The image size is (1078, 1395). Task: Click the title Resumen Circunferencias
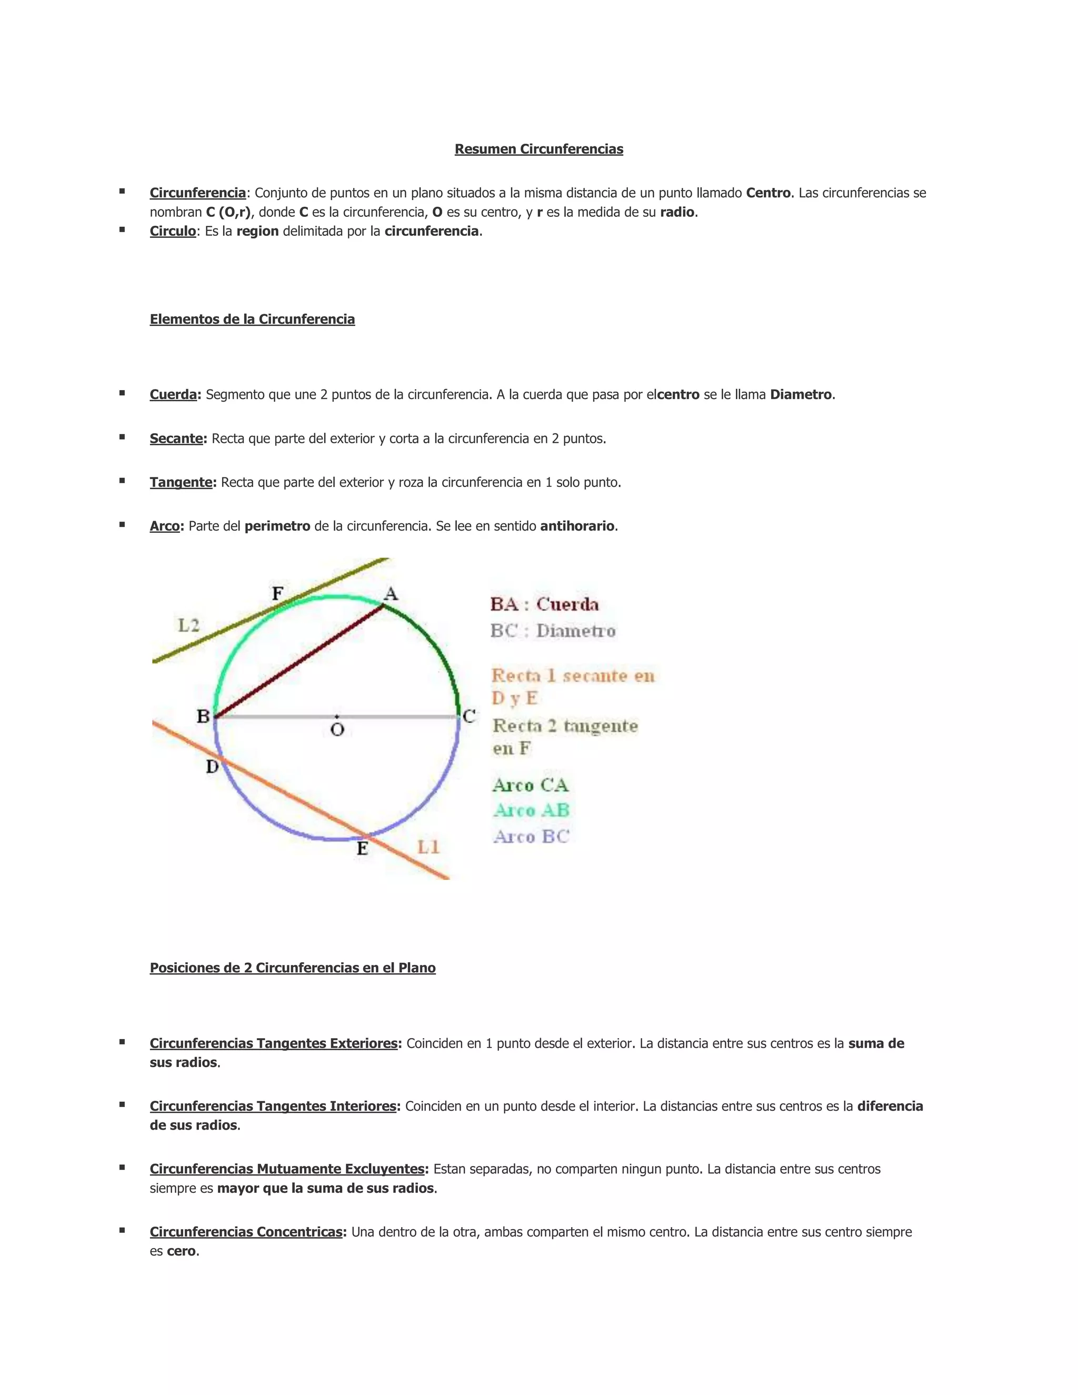coord(538,149)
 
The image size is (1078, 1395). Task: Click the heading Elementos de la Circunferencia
coord(252,320)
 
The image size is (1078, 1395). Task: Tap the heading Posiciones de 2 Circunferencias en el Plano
coord(293,968)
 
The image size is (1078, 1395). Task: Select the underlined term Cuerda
coord(173,395)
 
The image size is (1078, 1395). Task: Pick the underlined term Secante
coord(176,439)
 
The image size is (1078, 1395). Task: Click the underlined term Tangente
coord(181,482)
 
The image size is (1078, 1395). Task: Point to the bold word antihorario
coord(577,526)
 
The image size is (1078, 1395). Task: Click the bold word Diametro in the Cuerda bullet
coord(801,395)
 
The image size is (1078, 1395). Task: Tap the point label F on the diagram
coord(278,594)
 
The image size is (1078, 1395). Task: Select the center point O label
coord(337,730)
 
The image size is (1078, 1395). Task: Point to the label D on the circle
coord(213,766)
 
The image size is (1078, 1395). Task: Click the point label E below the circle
coord(362,849)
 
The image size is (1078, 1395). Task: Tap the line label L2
coord(188,625)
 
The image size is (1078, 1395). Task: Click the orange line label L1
coord(428,847)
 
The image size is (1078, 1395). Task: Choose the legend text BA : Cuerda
coord(544,604)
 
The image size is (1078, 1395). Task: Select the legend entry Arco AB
coord(531,811)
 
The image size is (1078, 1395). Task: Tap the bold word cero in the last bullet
coord(182,1251)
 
